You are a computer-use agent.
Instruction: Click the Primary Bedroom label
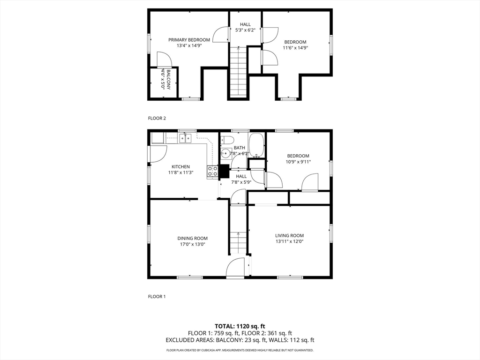pos(189,40)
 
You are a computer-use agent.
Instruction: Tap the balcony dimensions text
pos(163,80)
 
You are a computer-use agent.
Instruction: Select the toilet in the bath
pos(227,140)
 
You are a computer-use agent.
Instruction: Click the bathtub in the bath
pos(256,145)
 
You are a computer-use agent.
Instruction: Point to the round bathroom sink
pos(225,153)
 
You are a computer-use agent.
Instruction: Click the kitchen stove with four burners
pos(212,172)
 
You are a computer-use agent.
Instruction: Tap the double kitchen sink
pos(186,137)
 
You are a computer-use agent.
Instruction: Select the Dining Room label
pos(192,238)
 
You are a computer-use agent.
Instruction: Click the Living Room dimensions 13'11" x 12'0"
pos(289,241)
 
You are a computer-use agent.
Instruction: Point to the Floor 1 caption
pos(157,296)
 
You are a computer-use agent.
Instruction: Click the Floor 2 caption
pos(157,118)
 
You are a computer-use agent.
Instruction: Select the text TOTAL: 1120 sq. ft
pos(240,326)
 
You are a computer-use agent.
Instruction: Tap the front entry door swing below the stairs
pos(236,268)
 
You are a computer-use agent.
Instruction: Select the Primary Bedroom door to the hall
pos(221,35)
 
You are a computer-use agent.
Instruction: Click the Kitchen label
pos(180,166)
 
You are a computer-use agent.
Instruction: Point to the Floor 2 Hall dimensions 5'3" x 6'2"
pos(245,30)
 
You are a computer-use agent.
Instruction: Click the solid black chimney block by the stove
pos(224,172)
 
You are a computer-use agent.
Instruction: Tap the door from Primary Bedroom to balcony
pos(164,60)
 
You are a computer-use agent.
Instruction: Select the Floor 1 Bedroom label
pos(298,156)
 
